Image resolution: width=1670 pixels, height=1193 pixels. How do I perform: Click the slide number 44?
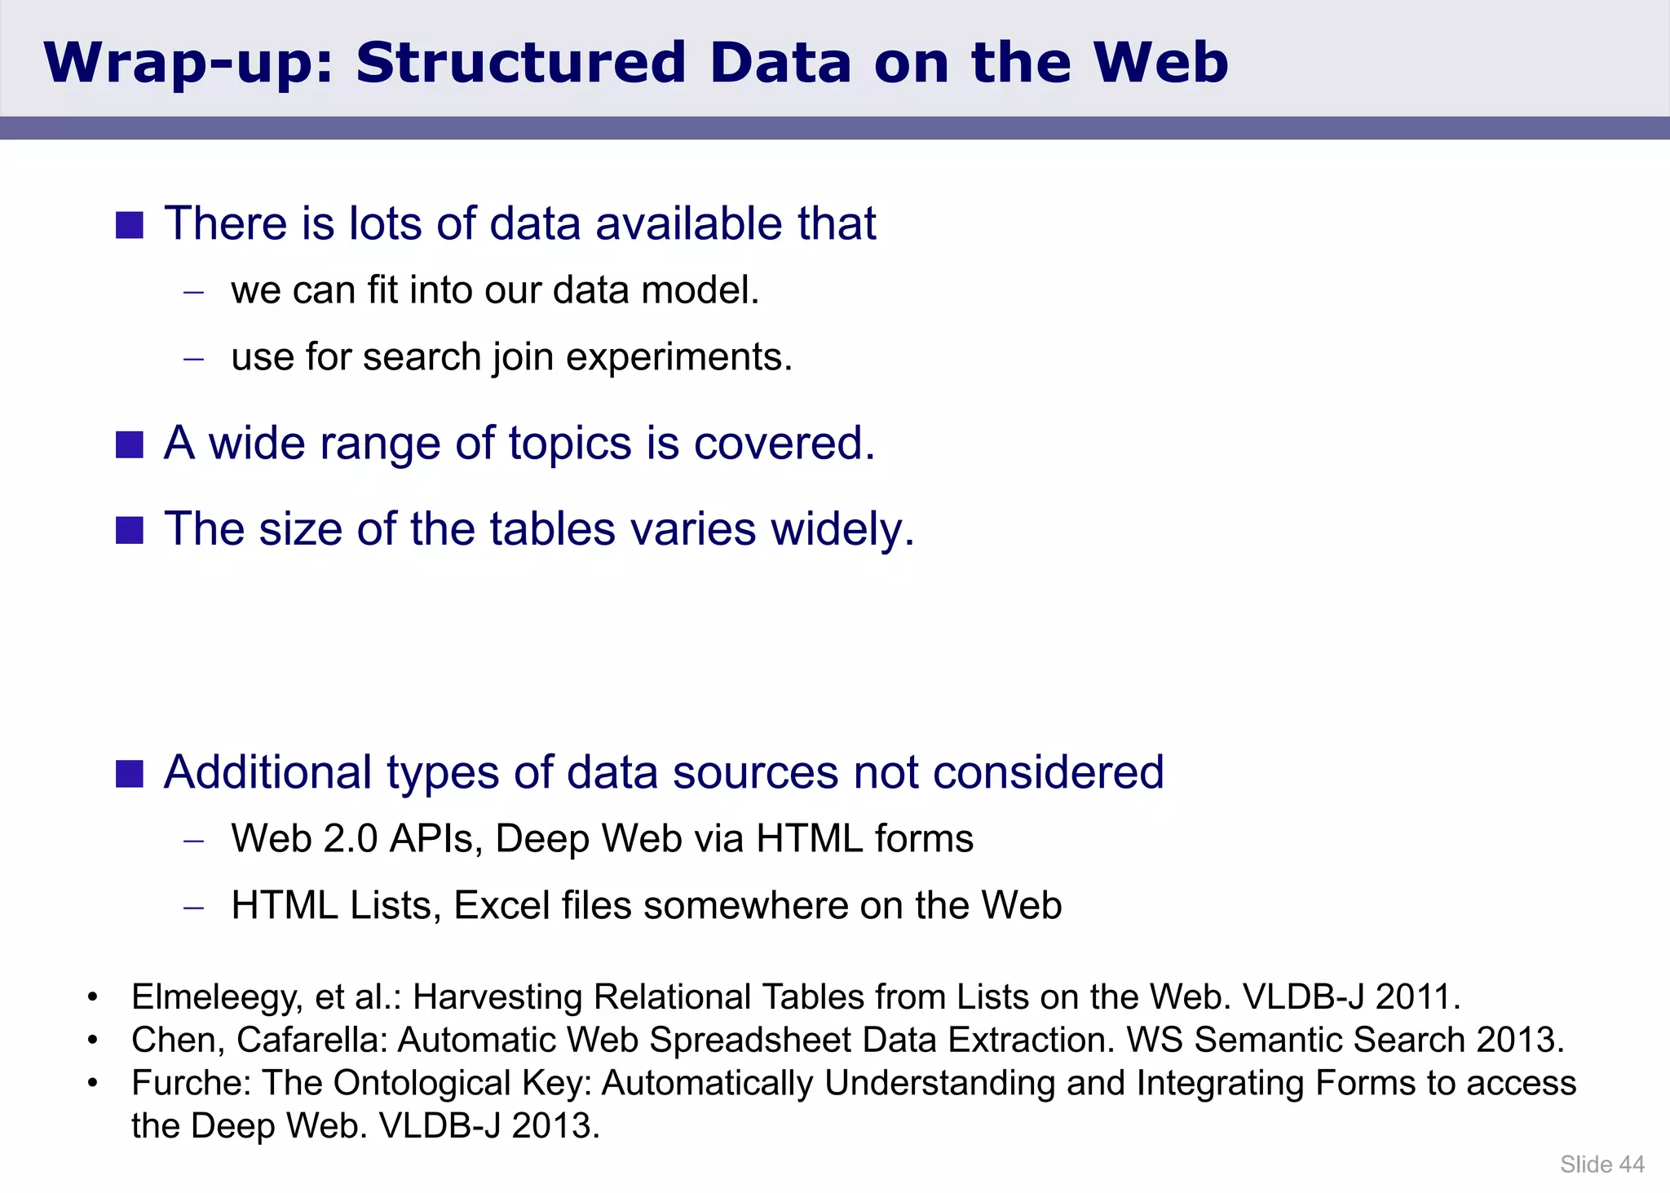pos(1631,1164)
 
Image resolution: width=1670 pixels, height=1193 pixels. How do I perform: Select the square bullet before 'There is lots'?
pos(130,225)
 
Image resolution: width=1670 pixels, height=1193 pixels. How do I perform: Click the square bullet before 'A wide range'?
pos(130,445)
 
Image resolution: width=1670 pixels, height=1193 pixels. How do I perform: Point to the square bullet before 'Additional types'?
pos(130,774)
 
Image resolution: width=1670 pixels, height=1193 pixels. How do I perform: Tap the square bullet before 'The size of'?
pos(130,530)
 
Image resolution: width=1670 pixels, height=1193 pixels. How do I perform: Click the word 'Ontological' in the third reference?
pos(422,1083)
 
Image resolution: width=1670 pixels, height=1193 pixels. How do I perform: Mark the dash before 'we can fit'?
pos(193,292)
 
